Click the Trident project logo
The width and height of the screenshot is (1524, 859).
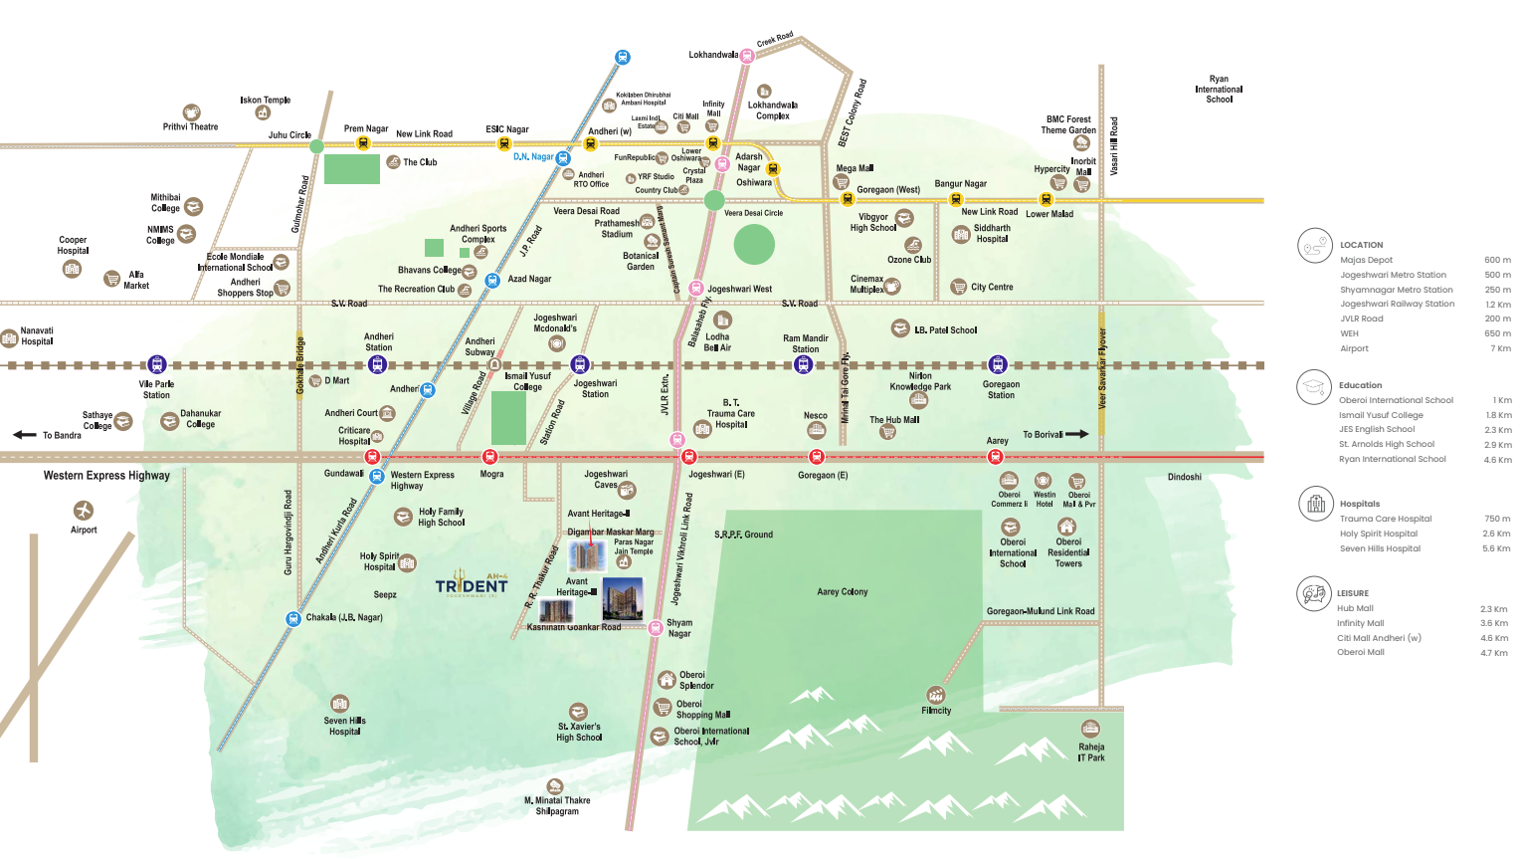coord(471,584)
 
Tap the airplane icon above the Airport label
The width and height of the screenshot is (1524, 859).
coord(84,510)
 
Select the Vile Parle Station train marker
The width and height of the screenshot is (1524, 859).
coord(156,364)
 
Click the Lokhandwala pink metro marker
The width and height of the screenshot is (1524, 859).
coord(746,56)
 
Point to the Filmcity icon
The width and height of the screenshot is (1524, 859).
coord(935,695)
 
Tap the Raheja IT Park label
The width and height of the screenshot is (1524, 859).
coord(1091,752)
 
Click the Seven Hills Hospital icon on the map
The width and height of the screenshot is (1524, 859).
coord(340,704)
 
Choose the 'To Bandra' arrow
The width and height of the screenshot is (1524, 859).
coord(25,435)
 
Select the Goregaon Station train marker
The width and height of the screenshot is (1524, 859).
coord(998,364)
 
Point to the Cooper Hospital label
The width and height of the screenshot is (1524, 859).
coord(73,245)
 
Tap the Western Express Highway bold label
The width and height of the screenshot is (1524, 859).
coord(106,476)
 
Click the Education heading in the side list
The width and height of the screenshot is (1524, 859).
coord(1360,385)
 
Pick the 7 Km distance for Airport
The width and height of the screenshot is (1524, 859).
coord(1500,348)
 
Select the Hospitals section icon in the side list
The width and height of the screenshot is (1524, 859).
coord(1315,505)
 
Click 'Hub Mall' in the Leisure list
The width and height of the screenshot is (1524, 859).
coord(1355,608)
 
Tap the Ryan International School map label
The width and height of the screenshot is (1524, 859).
coord(1219,89)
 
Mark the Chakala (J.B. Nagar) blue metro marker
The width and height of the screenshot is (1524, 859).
coord(292,619)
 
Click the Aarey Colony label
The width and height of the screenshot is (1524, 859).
coord(842,591)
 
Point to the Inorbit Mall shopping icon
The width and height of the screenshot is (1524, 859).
coord(1082,184)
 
